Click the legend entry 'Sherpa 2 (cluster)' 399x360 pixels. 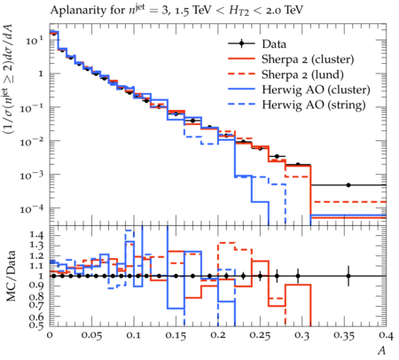308,59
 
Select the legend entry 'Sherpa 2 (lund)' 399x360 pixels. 302,74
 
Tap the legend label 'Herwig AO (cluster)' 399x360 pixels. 316,90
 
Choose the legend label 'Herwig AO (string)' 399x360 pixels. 314,105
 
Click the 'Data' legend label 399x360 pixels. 274,44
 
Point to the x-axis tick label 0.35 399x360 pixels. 344,335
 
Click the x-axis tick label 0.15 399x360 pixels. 176,335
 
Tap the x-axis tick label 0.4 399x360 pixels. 387,335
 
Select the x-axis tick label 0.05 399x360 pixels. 91,335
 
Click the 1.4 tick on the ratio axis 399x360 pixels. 36,235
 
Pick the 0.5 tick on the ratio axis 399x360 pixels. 36,325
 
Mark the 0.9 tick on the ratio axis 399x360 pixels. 36,286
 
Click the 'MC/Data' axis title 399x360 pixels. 11,276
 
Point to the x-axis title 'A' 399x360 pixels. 382,350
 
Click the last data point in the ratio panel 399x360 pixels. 348,276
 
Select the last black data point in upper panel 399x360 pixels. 348,185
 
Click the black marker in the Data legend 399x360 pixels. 241,43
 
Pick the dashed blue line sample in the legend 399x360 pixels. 241,104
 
